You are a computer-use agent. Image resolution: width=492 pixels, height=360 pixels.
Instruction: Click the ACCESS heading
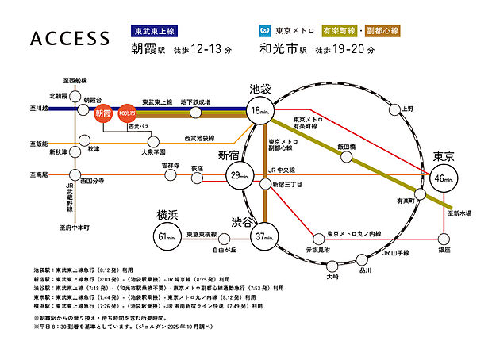click(69, 40)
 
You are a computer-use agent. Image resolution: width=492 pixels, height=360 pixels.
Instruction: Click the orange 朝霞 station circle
click(102, 113)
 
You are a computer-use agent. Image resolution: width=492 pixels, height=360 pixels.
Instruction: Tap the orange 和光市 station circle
click(123, 113)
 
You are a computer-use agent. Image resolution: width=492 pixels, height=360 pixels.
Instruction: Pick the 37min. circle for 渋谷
click(264, 235)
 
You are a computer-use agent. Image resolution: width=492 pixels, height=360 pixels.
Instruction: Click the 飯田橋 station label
click(346, 147)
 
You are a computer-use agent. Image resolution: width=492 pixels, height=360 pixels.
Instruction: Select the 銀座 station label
click(443, 250)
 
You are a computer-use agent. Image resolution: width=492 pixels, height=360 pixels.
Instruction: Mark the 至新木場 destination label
click(457, 213)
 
